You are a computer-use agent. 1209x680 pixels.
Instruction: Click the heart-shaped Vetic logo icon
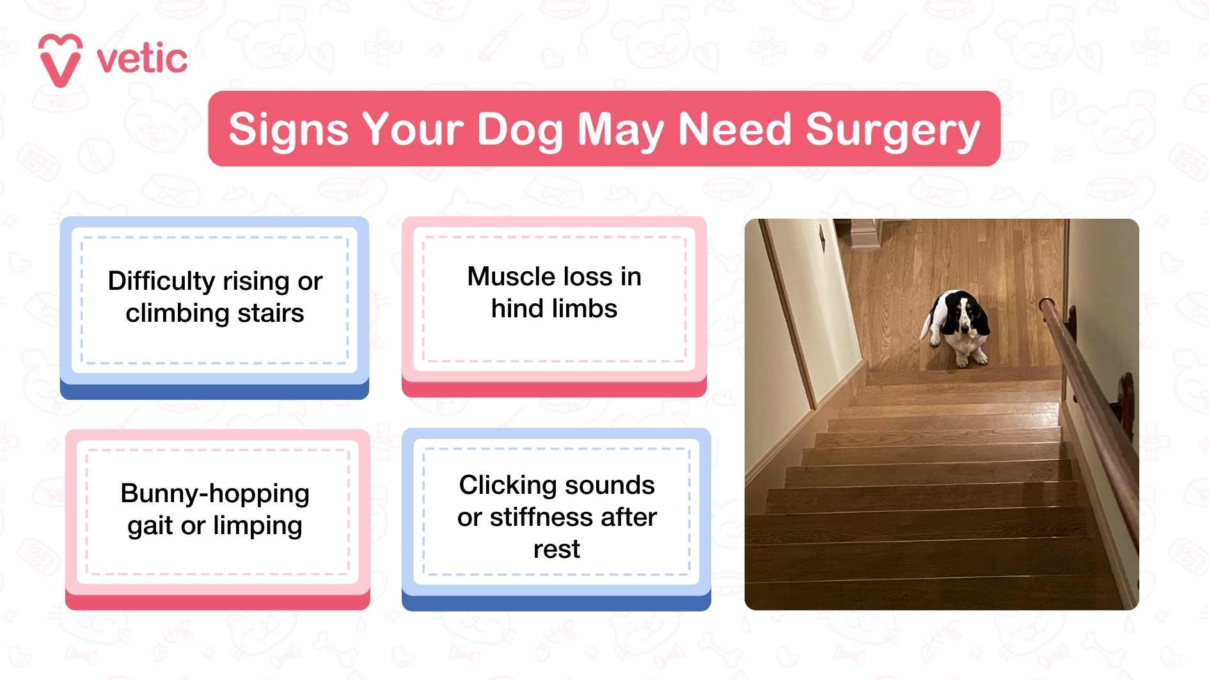[60, 60]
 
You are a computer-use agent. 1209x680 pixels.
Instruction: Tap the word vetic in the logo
[142, 59]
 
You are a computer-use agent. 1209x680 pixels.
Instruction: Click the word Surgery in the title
[892, 130]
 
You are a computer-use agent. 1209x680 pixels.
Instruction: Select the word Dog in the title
[519, 130]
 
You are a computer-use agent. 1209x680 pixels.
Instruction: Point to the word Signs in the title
[288, 130]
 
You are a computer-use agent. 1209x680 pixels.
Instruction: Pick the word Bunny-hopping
[215, 494]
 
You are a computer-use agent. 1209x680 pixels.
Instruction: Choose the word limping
[258, 526]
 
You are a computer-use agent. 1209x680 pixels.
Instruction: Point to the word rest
[557, 550]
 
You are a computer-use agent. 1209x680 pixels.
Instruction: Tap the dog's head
[967, 315]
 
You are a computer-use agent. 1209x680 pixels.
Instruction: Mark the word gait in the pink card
[150, 526]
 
